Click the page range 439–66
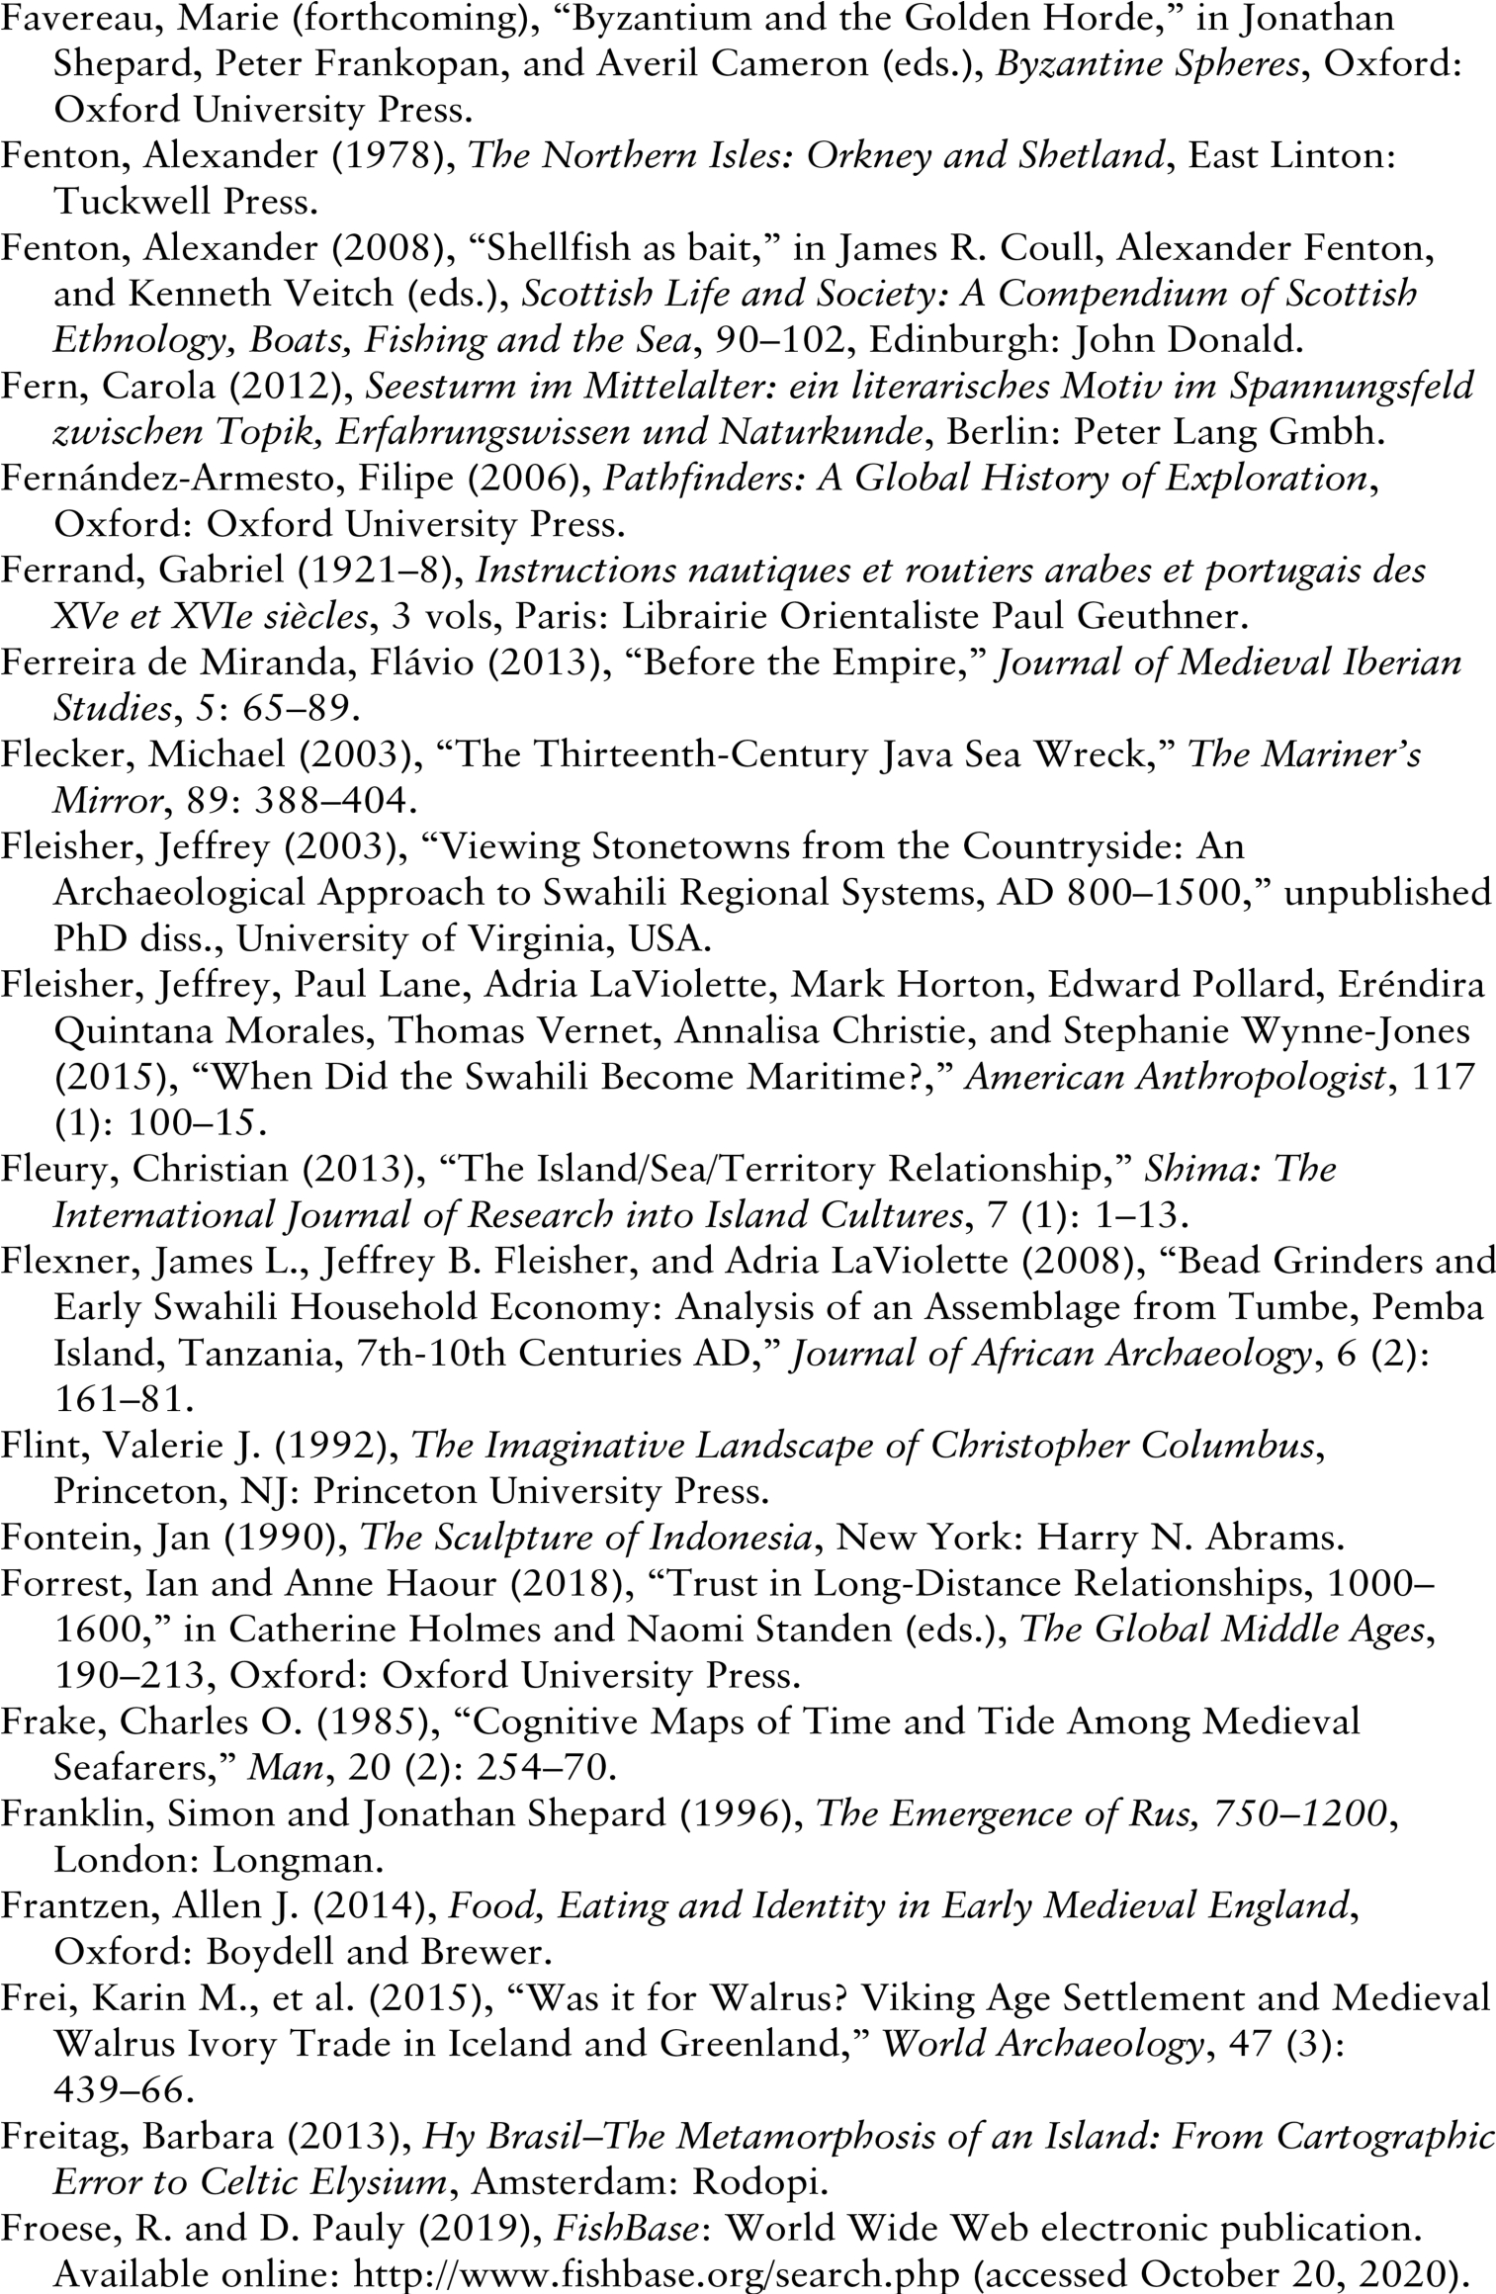(119, 2089)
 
